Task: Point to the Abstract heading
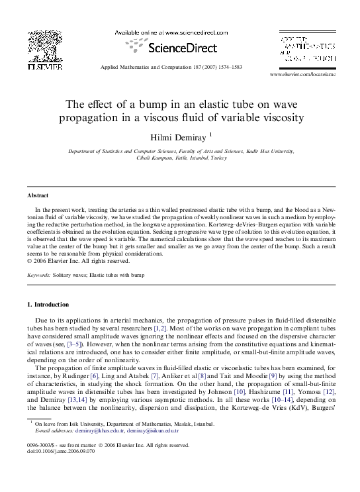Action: (38, 197)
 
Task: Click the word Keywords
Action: (39, 273)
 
